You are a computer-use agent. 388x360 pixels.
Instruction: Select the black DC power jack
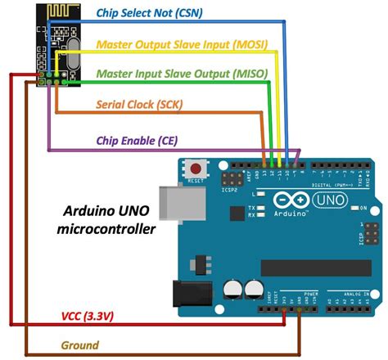pyautogui.click(x=190, y=293)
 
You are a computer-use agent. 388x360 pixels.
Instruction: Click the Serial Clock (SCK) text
pyautogui.click(x=139, y=105)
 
